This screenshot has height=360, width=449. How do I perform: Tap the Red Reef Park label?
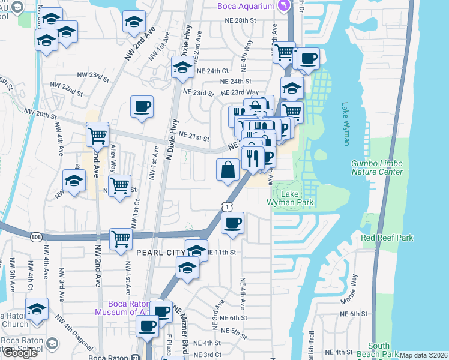pyautogui.click(x=387, y=238)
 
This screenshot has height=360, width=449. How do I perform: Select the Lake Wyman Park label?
pyautogui.click(x=289, y=198)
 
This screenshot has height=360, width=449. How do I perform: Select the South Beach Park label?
pyautogui.click(x=378, y=350)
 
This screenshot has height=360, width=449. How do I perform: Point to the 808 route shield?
pyautogui.click(x=36, y=237)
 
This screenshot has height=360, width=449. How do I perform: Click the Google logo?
pyautogui.click(x=20, y=353)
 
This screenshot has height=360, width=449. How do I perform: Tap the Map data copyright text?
pyautogui.click(x=424, y=355)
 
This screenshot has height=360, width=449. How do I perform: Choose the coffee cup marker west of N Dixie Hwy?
pyautogui.click(x=142, y=107)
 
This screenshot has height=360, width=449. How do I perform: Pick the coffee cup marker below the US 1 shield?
pyautogui.click(x=232, y=224)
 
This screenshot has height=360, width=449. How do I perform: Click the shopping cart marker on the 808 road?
pyautogui.click(x=121, y=239)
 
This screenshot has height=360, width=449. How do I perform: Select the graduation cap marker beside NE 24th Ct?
pyautogui.click(x=182, y=68)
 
